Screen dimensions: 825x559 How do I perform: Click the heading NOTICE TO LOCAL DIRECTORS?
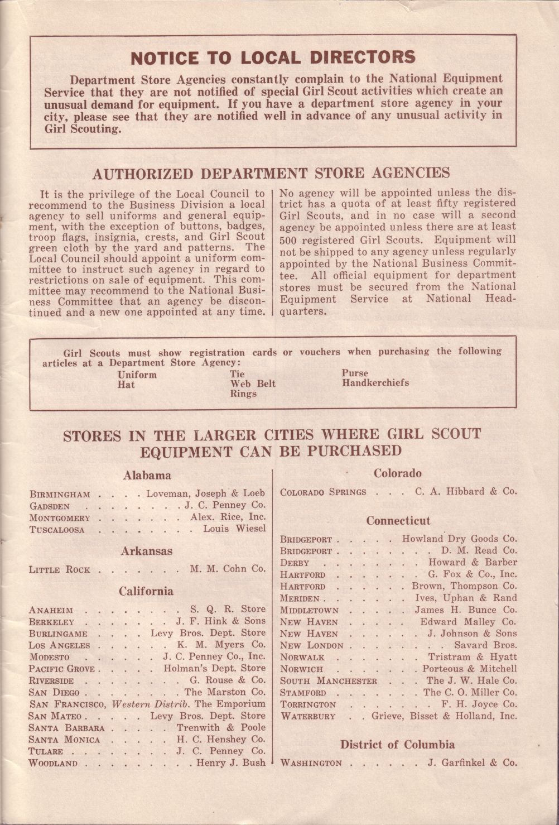273,57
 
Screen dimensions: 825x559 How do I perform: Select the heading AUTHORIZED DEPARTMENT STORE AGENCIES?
271,174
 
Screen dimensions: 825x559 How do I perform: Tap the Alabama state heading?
147,476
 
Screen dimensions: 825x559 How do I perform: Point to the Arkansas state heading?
147,551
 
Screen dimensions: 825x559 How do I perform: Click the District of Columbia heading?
397,745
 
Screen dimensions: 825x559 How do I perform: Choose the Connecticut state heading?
398,521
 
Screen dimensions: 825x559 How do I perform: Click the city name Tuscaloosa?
57,530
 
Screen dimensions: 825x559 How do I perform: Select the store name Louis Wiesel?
234,529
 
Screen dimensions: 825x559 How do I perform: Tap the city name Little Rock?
59,570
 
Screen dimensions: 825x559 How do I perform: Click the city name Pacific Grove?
62,669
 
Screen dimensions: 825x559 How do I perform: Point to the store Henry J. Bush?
231,763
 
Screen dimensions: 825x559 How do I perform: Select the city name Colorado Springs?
323,492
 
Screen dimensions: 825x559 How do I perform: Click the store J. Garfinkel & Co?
473,762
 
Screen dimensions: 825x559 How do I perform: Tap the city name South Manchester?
329,681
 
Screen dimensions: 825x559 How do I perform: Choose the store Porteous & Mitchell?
469,669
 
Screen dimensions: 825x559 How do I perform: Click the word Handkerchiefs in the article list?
375,383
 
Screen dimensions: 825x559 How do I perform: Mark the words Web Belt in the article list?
253,383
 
